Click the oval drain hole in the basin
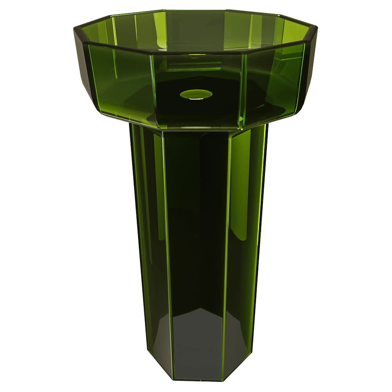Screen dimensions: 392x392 pyautogui.click(x=196, y=94)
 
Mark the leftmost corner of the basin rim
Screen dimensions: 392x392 pyautogui.click(x=74, y=28)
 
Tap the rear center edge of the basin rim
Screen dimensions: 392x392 pyautogui.click(x=196, y=11)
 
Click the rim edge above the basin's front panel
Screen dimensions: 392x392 pyautogui.click(x=196, y=54)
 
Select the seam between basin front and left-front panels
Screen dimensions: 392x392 pyautogui.click(x=153, y=90)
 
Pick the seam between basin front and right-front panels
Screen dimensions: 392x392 pyautogui.click(x=242, y=90)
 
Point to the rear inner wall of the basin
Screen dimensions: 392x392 pyautogui.click(x=196, y=27)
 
